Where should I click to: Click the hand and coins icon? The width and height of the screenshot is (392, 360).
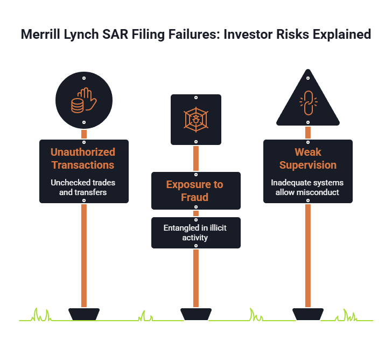84,100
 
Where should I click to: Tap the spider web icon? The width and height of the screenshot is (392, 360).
196,120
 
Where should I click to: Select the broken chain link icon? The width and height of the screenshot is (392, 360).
309,103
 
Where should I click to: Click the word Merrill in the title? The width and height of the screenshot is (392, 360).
41,34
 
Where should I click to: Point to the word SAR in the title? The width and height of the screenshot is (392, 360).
115,34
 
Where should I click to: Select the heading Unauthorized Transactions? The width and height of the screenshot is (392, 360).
83,158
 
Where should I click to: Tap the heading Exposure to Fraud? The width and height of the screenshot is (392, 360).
195,191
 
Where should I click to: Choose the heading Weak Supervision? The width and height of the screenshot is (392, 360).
308,158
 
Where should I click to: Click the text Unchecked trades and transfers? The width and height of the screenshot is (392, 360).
83,188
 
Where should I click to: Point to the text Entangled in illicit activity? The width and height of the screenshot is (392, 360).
195,233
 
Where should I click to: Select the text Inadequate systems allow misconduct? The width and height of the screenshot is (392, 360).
307,188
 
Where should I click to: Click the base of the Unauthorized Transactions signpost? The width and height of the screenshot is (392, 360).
84,314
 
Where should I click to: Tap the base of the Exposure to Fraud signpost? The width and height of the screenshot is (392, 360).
196,314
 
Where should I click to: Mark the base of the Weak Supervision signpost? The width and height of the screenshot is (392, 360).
308,314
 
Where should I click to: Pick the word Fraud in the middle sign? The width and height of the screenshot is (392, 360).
195,197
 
